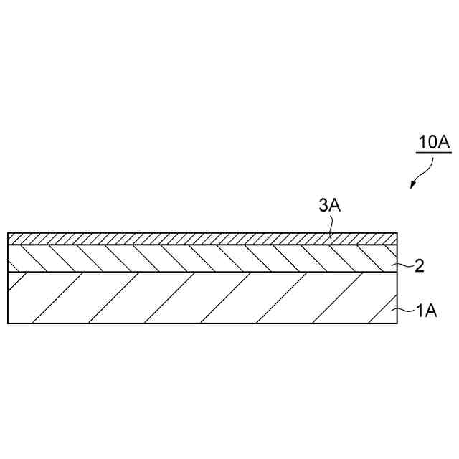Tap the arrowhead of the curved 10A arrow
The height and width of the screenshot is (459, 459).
click(412, 186)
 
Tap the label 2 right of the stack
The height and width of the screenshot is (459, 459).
click(420, 267)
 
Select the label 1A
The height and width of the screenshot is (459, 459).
click(426, 311)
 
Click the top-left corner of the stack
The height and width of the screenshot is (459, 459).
click(8, 233)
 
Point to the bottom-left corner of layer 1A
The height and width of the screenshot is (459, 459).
click(8, 323)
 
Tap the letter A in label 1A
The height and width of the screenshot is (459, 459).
click(431, 311)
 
